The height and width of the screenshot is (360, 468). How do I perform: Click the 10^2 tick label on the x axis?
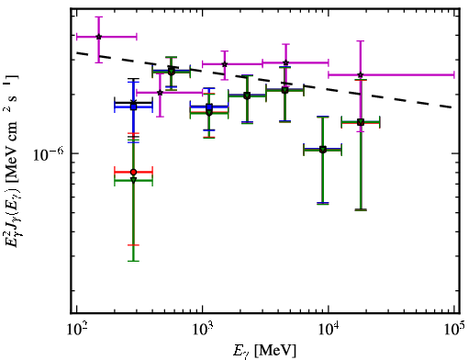(77, 330)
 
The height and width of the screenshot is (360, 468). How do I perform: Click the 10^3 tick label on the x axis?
(203, 330)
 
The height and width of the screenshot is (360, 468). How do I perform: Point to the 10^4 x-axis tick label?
(329, 330)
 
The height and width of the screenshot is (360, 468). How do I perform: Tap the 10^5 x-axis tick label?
(455, 330)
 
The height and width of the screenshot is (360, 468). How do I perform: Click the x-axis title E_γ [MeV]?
(264, 351)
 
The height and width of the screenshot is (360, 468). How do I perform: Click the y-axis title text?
(13, 160)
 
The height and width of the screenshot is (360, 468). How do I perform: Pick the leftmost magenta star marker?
(98, 37)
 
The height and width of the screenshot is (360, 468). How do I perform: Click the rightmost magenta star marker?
(361, 74)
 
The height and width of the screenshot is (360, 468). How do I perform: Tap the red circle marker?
(133, 172)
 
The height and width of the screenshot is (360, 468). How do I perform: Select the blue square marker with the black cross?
(133, 107)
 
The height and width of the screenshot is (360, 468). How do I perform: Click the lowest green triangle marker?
(133, 180)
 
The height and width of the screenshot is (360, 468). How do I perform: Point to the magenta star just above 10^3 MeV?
(225, 64)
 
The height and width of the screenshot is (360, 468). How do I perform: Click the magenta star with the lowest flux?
(160, 93)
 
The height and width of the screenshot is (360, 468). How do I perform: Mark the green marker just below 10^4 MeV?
(323, 150)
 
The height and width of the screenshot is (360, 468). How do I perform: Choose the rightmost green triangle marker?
(361, 123)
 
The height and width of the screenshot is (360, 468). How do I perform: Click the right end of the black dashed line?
(452, 107)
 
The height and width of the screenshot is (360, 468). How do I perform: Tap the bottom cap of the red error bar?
(133, 245)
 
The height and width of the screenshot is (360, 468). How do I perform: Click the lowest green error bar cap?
(133, 261)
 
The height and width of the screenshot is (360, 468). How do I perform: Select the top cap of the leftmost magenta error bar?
(98, 17)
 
